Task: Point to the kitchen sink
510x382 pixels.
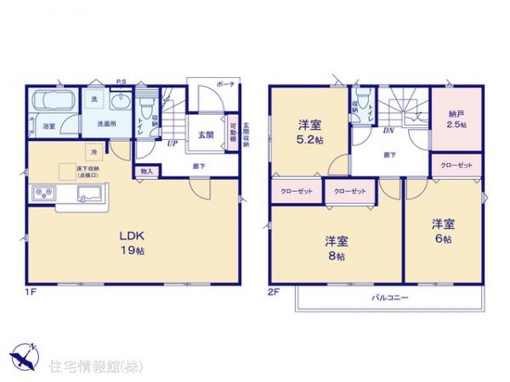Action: [x=88, y=196]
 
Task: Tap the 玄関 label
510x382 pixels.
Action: [x=207, y=134]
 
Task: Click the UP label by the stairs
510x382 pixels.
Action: [x=172, y=145]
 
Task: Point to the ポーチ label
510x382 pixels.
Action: [x=225, y=85]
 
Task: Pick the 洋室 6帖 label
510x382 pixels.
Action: [x=442, y=231]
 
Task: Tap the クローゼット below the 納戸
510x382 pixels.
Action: [x=456, y=165]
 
